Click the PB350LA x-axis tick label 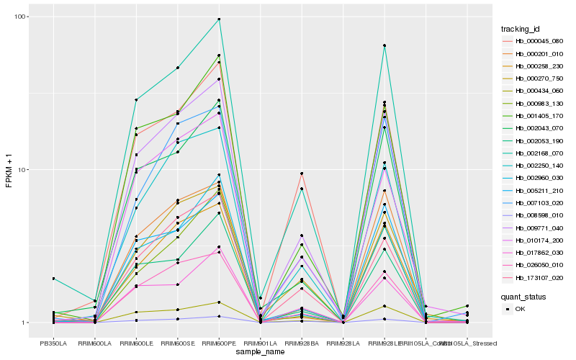click(53, 333)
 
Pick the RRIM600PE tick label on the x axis click(219, 333)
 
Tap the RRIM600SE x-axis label click(177, 333)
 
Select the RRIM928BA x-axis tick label click(302, 333)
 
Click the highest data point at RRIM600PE click(219, 19)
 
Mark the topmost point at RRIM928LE click(384, 45)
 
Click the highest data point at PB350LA click(53, 279)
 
